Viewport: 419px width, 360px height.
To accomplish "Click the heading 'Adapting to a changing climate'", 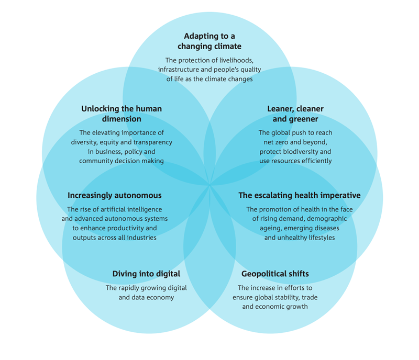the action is tap(210, 41).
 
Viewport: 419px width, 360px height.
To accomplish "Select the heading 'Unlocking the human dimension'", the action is tap(122, 114).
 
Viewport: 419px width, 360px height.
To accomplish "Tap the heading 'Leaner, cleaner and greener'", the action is tap(295, 114).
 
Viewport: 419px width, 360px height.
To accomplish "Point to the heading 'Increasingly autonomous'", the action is tap(115, 196).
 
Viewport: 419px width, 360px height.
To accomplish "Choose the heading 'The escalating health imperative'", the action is tap(300, 196).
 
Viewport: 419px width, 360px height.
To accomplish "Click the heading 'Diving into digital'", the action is tap(146, 274).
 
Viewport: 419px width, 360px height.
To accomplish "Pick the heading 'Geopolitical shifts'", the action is tap(275, 274).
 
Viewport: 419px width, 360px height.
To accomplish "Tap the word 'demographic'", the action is tap(326, 219).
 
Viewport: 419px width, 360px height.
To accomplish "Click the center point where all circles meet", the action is tap(210, 185).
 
